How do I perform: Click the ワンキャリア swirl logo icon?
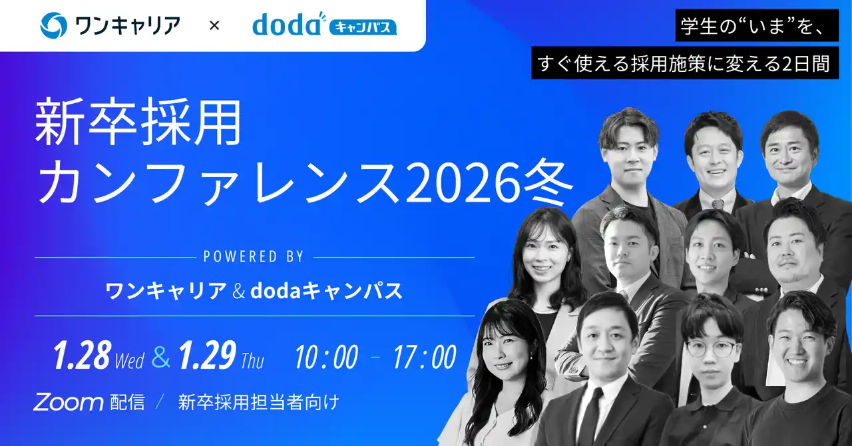53,26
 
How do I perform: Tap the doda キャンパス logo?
324,25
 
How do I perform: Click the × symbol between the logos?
214,26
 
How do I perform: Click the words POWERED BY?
254,256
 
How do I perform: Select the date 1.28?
81,357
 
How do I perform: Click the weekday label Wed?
129,361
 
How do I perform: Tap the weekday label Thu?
252,361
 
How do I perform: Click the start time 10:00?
326,357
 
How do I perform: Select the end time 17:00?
425,357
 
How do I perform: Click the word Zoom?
68,402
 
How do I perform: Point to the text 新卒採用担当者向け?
259,402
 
